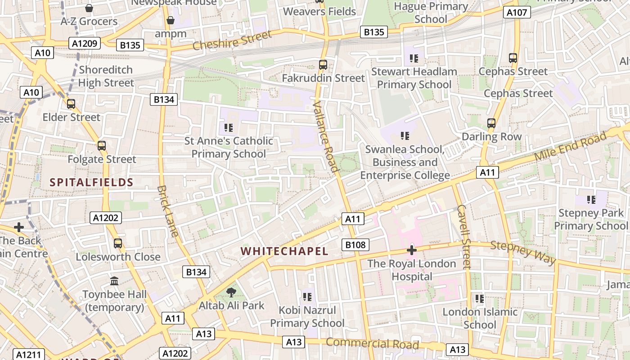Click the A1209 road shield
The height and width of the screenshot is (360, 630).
[85, 43]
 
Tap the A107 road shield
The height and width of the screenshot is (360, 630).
[517, 12]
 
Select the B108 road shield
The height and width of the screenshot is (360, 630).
[355, 245]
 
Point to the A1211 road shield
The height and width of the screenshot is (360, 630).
[28, 355]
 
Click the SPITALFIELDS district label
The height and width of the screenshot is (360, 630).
[91, 182]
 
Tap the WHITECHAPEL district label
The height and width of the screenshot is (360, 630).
[284, 251]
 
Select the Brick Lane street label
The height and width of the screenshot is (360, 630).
[169, 211]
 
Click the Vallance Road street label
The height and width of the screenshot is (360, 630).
[325, 137]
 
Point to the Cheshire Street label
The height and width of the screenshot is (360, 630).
[232, 40]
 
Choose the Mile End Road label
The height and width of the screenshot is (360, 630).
[570, 147]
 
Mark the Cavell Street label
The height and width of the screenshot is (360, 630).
[463, 237]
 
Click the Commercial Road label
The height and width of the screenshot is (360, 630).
[372, 343]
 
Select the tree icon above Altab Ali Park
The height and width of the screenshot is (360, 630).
[231, 292]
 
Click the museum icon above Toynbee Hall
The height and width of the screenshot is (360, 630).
[114, 281]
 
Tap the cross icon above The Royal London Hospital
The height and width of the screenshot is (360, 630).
[411, 250]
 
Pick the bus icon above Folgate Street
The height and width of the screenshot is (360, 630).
[102, 146]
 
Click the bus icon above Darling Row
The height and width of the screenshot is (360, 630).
[491, 123]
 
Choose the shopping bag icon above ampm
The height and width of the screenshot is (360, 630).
[171, 20]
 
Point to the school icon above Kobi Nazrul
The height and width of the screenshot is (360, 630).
[307, 297]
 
